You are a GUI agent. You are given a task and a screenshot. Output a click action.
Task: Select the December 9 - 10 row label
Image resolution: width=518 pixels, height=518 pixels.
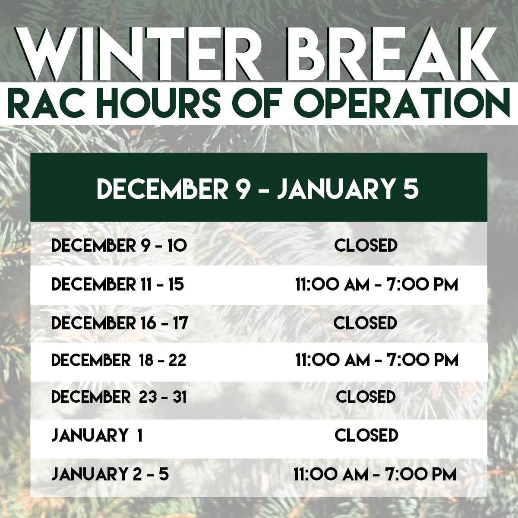point(119,246)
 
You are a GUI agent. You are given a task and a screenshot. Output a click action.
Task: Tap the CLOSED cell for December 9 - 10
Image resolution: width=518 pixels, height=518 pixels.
point(366,246)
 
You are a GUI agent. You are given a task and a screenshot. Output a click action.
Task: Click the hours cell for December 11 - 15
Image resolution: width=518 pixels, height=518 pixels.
point(376,285)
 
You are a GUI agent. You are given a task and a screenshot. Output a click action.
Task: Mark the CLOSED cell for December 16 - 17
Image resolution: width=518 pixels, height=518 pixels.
point(365,322)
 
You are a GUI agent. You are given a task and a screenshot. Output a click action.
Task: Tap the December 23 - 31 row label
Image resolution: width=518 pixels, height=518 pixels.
point(119,397)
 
